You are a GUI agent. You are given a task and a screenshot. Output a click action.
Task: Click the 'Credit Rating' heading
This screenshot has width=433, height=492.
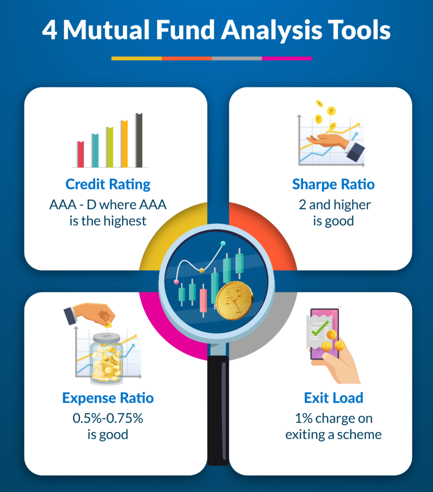108,184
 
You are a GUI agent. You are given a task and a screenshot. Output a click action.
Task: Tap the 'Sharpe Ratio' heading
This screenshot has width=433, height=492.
333,184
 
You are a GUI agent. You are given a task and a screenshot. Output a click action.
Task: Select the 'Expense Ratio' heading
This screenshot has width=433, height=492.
108,398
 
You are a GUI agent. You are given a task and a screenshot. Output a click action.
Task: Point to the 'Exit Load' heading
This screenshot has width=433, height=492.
334,398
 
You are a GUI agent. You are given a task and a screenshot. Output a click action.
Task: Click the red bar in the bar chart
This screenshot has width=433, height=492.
81,154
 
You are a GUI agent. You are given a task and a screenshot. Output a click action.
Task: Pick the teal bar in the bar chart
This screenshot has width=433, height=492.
96,150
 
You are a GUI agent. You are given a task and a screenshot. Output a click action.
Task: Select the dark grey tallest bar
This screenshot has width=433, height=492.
139,140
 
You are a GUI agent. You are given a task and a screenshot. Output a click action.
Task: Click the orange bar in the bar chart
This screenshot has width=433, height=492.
124,144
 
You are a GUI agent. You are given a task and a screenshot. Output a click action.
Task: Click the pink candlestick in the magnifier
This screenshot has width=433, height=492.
203,301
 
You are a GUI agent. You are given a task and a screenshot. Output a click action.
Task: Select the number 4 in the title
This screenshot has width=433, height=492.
49,30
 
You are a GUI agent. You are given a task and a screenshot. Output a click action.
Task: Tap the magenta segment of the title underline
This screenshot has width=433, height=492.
287,58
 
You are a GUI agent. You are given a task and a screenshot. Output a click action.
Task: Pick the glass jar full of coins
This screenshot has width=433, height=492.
107,358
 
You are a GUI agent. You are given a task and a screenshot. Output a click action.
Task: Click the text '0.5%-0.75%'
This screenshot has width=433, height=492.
108,418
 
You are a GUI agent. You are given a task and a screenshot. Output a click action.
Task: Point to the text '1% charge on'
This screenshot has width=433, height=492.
334,418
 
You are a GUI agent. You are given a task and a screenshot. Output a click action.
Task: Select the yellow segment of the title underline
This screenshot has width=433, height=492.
136,58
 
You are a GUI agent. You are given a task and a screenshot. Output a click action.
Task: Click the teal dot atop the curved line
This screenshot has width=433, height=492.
223,243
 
